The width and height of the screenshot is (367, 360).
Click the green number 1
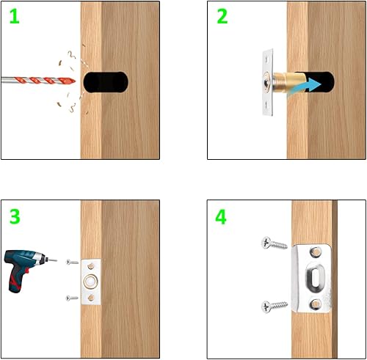[x=15, y=17]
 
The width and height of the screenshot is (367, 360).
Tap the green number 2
[x=222, y=16]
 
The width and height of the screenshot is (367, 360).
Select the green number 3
[x=15, y=216]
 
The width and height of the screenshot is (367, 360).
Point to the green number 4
[x=221, y=217]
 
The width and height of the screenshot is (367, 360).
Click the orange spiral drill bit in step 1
[x=39, y=81]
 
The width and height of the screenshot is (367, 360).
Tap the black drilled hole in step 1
[x=106, y=82]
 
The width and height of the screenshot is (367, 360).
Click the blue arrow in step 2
[x=305, y=87]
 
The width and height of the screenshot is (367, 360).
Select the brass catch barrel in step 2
[x=288, y=82]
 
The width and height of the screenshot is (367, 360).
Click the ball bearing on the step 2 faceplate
[x=266, y=83]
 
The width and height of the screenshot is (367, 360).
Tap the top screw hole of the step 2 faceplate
[x=267, y=59]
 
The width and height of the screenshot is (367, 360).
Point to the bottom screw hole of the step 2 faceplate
[x=267, y=106]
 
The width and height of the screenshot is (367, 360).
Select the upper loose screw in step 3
[x=72, y=262]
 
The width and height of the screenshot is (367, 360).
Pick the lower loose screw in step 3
[x=72, y=298]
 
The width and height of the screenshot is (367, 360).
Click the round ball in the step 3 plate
[x=91, y=282]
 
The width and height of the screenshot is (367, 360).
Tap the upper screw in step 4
[x=275, y=243]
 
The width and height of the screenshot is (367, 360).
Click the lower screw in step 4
[x=275, y=306]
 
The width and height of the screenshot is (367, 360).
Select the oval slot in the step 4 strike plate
[x=316, y=278]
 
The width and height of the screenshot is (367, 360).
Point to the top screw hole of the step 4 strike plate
[x=316, y=251]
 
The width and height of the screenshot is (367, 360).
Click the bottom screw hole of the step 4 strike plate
[x=316, y=304]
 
